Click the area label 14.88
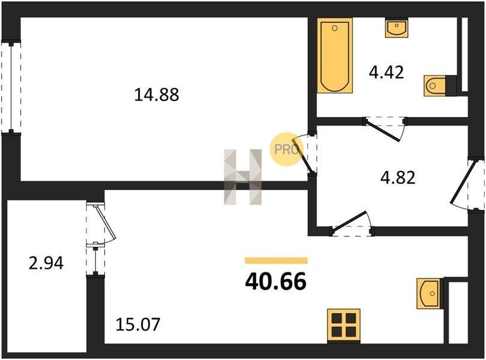[x=157, y=95]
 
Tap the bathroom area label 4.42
[x=386, y=73]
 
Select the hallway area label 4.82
[x=398, y=178]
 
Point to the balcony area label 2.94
[x=46, y=263]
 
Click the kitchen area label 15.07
[x=138, y=325]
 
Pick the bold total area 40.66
[x=275, y=282]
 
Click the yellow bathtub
[x=335, y=56]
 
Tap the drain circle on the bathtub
[x=334, y=28]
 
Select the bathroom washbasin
[x=397, y=28]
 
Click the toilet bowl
[x=435, y=86]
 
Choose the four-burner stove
[x=344, y=325]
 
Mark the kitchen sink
[x=428, y=293]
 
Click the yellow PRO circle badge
[x=286, y=149]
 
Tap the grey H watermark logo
[x=243, y=177]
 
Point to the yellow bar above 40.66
[x=276, y=260]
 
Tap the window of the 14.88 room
[x=11, y=88]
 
